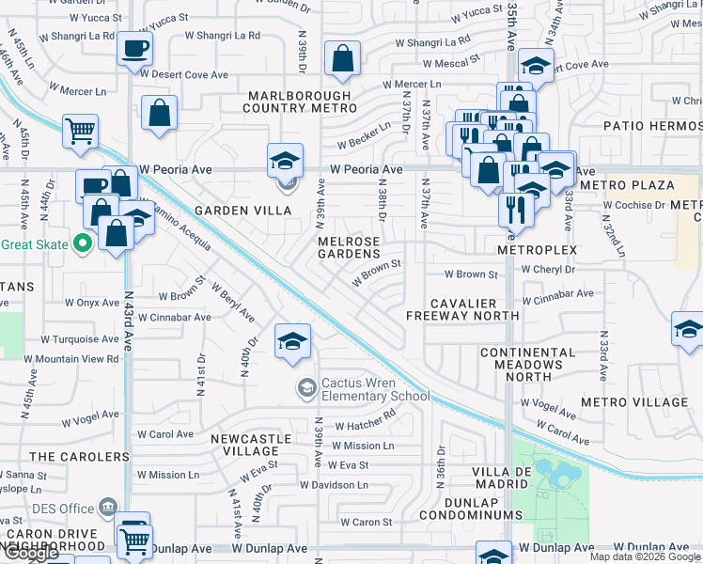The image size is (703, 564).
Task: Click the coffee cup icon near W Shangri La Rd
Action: click(134, 47)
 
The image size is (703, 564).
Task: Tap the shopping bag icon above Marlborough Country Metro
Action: click(342, 58)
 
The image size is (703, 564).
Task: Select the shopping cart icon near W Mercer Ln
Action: click(80, 130)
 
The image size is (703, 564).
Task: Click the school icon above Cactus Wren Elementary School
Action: click(292, 340)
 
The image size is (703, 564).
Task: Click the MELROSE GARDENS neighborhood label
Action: click(349, 247)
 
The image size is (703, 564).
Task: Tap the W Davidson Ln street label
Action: click(334, 485)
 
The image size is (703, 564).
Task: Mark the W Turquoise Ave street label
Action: click(80, 339)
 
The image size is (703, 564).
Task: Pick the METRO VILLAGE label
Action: click(634, 402)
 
